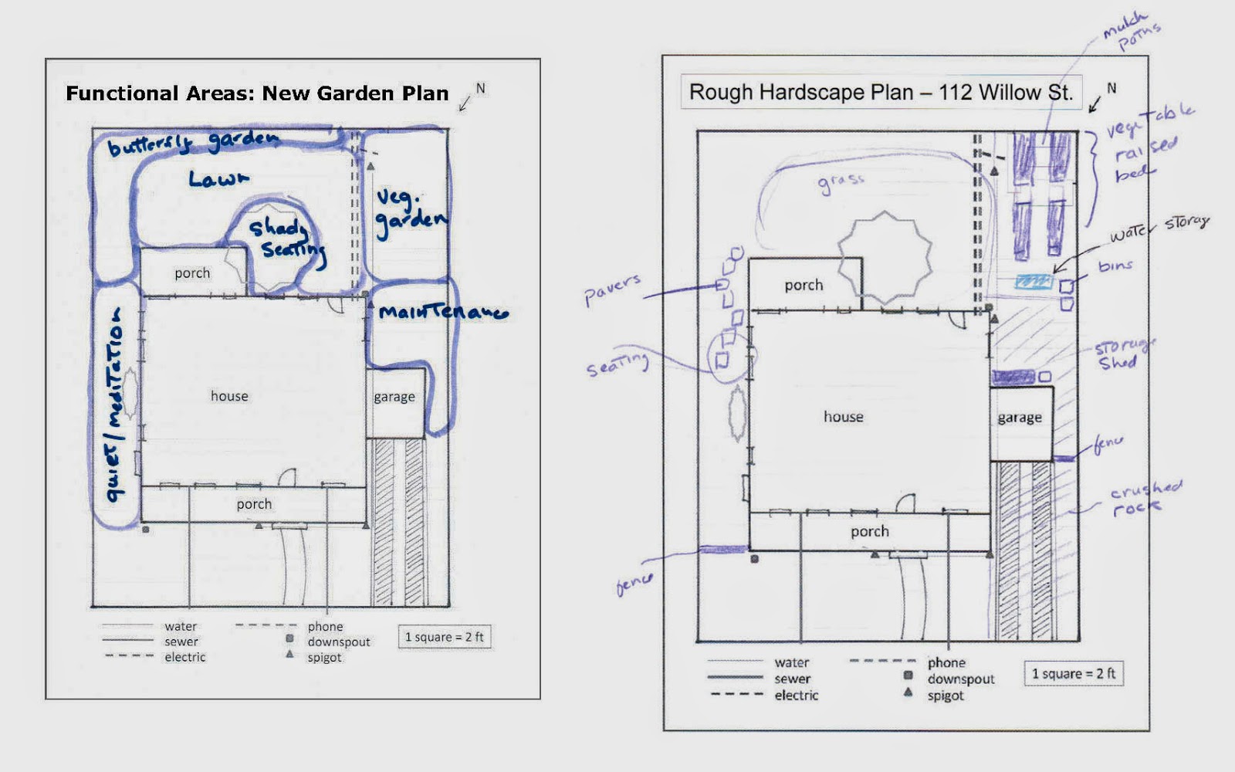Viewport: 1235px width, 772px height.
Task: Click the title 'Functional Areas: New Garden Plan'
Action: point(257,93)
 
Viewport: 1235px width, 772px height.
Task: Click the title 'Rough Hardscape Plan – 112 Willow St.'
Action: point(881,93)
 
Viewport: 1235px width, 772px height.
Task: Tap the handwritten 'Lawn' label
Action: point(218,179)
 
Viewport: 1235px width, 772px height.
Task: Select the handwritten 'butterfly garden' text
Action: point(193,143)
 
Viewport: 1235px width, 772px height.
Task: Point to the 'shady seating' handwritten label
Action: point(286,238)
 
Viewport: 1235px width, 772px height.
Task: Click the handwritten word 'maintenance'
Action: point(443,313)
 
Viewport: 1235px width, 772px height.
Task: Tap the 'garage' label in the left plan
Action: point(394,397)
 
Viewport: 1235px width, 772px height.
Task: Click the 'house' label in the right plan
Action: point(843,417)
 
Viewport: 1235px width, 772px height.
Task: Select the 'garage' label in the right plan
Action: point(1020,418)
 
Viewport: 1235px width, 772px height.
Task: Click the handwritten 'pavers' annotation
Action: point(612,289)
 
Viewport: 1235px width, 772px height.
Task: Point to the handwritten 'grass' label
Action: point(841,183)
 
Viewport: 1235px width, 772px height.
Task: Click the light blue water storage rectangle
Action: point(1034,282)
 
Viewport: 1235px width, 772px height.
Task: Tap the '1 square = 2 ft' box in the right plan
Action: point(1074,673)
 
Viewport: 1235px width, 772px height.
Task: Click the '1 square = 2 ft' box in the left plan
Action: point(445,637)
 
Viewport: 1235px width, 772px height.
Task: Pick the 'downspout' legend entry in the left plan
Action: point(338,642)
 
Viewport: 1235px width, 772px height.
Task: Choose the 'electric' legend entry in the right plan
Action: point(796,696)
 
